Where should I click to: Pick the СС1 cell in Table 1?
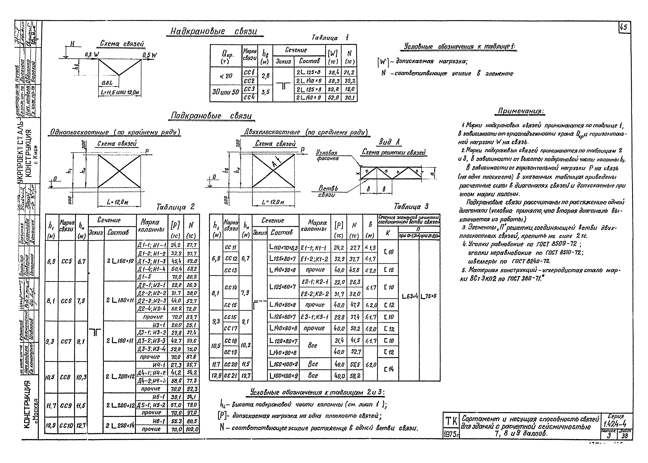point(250,73)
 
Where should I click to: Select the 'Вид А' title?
point(389,142)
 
